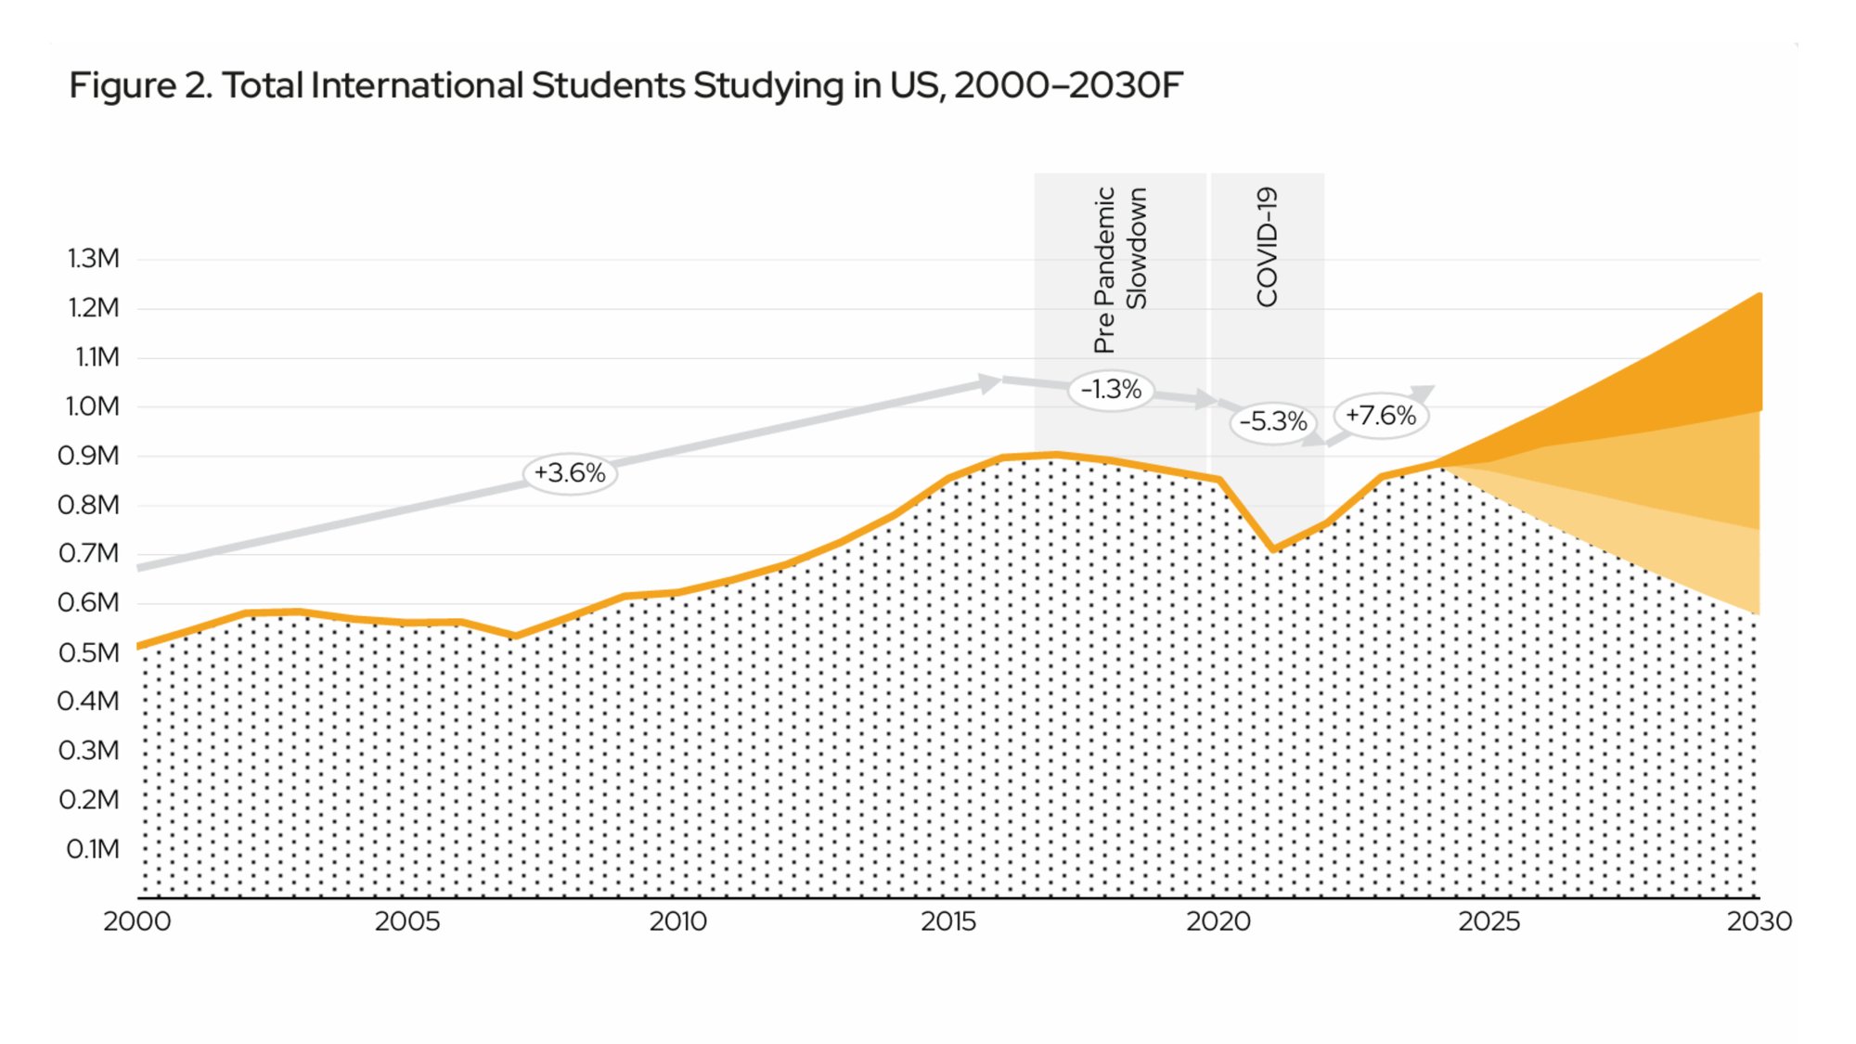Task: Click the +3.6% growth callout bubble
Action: (570, 473)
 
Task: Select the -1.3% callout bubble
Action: (1111, 389)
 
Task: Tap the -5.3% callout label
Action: (1273, 421)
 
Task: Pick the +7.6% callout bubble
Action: (1380, 415)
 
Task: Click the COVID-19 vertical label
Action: (1267, 247)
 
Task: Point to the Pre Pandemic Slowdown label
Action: (1120, 269)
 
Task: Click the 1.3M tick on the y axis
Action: (93, 258)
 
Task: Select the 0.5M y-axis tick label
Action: (89, 652)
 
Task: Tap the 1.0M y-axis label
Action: (91, 406)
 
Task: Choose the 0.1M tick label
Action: (93, 849)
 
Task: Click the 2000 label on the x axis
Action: (136, 922)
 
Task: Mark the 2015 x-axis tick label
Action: (947, 922)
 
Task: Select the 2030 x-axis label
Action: (1759, 922)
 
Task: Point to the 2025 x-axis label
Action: (1489, 922)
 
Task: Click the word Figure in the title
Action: (122, 85)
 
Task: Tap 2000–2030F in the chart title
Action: (1067, 85)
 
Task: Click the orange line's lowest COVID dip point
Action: (1273, 549)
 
